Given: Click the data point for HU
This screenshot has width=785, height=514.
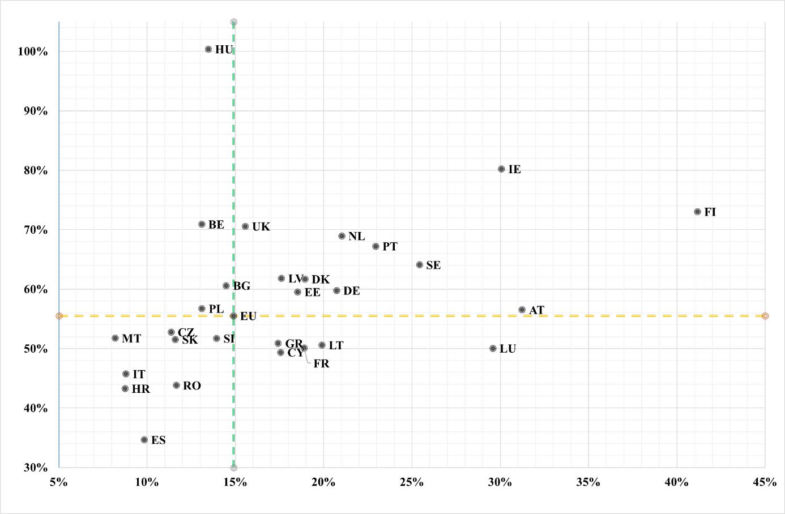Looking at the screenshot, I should pos(208,49).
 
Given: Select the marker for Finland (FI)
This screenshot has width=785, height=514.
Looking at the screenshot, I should pos(697,212).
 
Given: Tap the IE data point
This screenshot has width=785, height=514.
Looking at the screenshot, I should pos(501,169).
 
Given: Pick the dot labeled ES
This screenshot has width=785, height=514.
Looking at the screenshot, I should pos(144,440).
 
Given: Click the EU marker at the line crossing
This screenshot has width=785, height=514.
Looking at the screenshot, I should pos(233,316).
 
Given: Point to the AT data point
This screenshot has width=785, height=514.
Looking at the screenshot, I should pos(522,310).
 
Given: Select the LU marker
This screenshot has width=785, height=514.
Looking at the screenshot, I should pos(493,349).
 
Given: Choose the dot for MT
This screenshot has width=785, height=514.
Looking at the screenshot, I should pos(116,338).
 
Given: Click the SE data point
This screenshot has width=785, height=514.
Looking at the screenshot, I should pos(420,264).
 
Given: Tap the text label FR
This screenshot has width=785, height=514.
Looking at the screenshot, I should pos(321,364).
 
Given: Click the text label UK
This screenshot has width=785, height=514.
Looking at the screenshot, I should pos(261,227).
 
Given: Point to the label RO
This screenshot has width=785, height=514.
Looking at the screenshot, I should pos(192,386).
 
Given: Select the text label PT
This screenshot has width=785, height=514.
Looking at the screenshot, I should pos(390,247).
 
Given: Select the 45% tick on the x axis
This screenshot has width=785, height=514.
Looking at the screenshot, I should pos(765,482).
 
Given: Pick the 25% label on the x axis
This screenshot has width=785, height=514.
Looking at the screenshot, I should pos(412,482).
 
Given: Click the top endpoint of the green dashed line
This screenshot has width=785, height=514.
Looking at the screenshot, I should pos(234,22).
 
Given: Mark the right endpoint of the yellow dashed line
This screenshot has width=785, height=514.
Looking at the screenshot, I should pos(765,316).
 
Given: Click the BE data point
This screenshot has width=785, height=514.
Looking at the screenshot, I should pos(202,224).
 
